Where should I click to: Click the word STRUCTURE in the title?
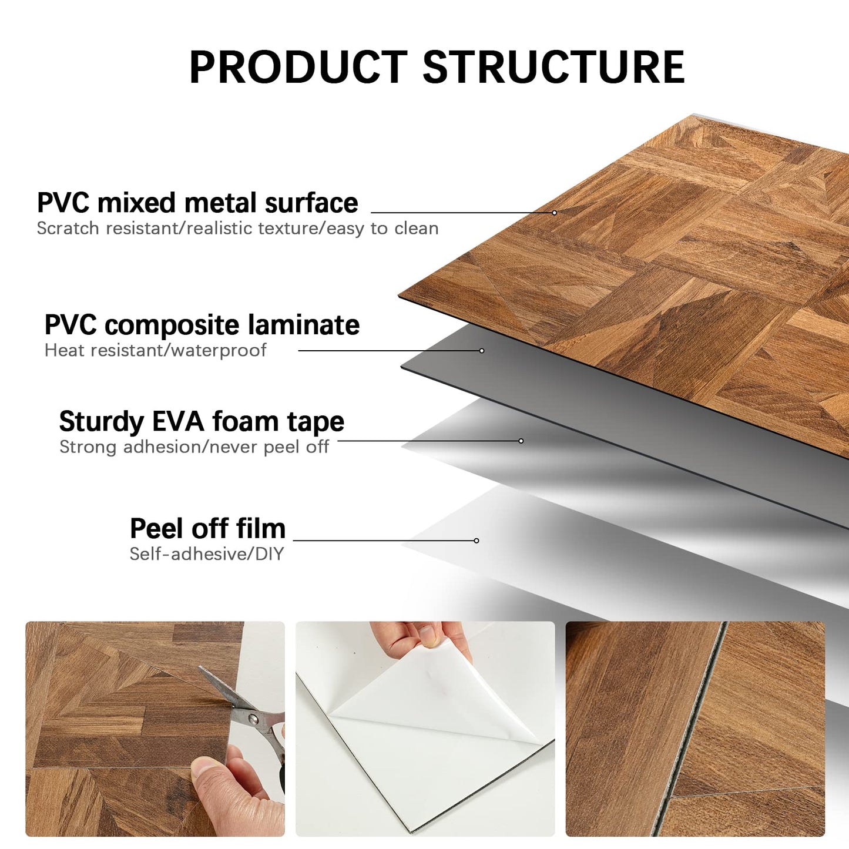coord(553,67)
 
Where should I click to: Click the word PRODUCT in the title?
coord(298,67)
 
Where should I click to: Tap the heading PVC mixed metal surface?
coord(197,203)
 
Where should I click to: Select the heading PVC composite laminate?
coord(202,325)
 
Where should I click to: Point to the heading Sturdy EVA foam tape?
coord(202,422)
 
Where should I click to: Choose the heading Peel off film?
coord(207,528)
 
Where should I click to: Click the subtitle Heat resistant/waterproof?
coord(155,351)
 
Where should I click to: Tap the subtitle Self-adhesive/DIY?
coord(206,554)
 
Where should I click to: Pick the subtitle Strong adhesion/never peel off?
coord(194,447)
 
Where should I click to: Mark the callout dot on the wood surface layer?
coord(554,213)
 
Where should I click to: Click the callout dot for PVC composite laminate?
coord(482,351)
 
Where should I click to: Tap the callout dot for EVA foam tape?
coord(521,441)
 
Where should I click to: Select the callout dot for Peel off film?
coord(476,541)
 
